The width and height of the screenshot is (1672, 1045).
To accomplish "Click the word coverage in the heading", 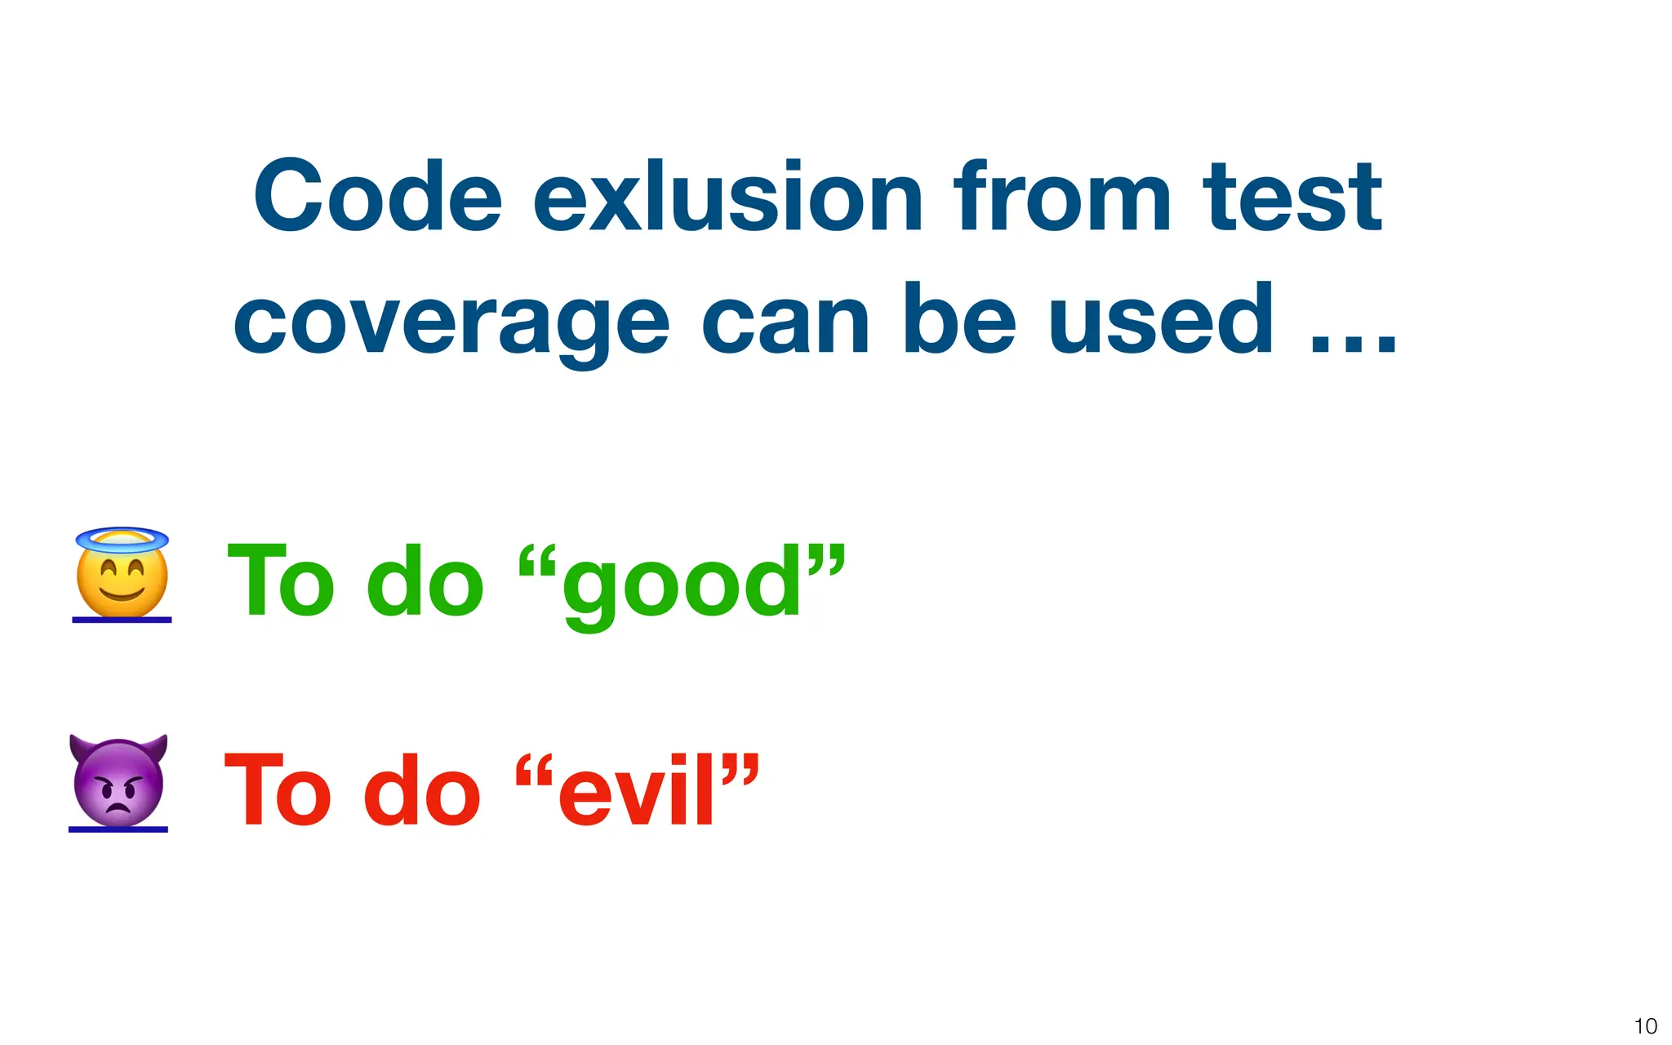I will click(451, 322).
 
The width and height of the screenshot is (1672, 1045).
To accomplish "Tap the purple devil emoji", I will click(118, 784).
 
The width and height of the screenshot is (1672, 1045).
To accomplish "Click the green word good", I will click(682, 583).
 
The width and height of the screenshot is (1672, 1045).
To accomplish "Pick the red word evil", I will click(638, 790).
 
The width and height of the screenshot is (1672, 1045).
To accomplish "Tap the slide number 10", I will click(1645, 1026).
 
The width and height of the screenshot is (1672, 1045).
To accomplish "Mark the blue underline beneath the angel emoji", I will click(122, 620).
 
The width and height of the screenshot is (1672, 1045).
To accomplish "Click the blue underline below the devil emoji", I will click(118, 829).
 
